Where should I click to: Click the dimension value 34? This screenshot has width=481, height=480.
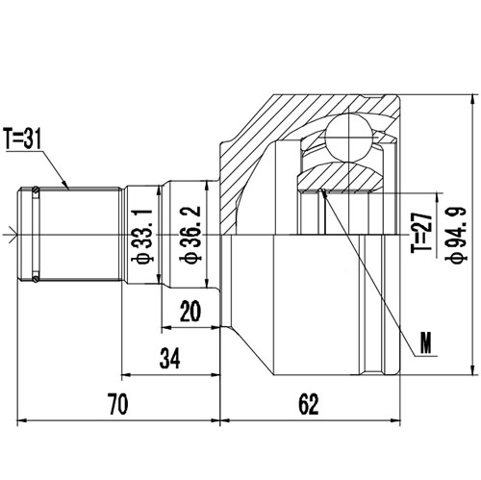pos(169,359)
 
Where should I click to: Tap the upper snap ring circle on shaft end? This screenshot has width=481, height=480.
pos(36,189)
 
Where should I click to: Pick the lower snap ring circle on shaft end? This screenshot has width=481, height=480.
pos(36,280)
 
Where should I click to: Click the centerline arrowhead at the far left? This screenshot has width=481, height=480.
pos(9,232)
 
